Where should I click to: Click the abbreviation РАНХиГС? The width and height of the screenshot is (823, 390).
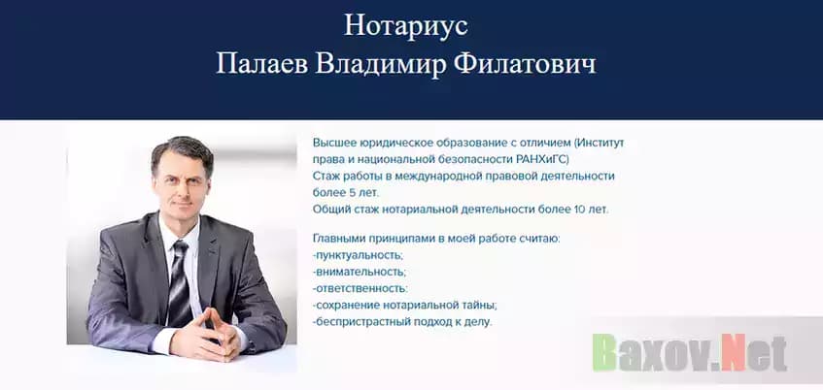pos(540,158)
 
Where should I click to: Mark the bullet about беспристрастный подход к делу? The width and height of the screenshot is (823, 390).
pos(402,321)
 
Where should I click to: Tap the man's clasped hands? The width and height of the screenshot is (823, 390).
pos(208,330)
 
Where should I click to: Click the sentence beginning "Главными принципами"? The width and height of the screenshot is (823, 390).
pos(436,239)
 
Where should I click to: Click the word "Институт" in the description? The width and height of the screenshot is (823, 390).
pos(599,142)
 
